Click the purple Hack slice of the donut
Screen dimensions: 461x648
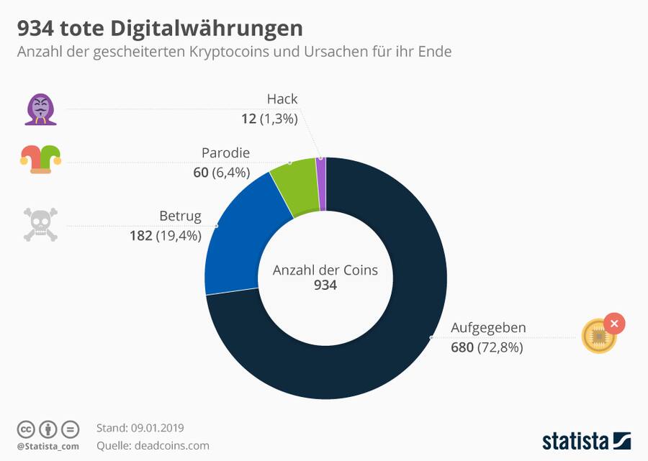point(321,184)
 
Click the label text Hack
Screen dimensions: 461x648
point(282,99)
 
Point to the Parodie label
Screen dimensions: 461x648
point(225,153)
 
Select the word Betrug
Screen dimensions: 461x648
point(180,216)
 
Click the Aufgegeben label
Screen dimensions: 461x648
point(488,328)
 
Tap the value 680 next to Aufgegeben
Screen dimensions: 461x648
point(462,348)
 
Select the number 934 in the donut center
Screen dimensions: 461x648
point(325,286)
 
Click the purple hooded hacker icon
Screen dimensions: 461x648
point(41,110)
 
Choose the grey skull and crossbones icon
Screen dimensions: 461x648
point(40,224)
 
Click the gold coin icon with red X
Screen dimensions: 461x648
point(602,334)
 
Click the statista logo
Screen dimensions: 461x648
point(586,440)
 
